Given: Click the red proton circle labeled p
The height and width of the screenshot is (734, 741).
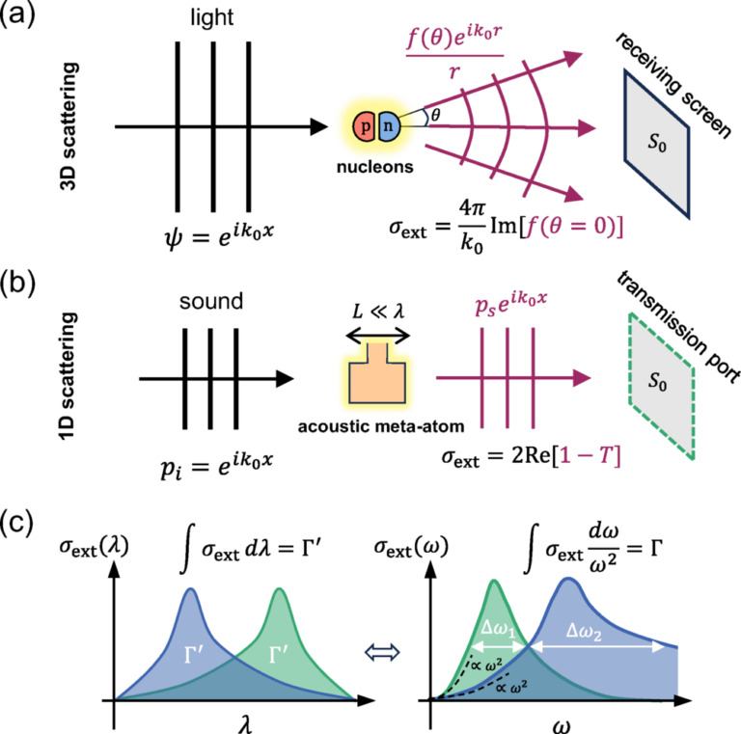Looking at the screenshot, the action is coord(365,126).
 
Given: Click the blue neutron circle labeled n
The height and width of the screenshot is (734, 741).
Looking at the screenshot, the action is coord(389,126).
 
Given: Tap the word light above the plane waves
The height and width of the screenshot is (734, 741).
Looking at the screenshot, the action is coord(211,18).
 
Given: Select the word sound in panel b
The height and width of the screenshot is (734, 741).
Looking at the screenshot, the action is coord(211,301).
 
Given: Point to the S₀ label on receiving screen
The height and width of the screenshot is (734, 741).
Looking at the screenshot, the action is coord(657,143).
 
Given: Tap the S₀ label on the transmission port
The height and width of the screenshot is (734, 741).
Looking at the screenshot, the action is coord(657,381).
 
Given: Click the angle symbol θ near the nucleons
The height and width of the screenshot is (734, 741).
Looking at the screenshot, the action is coord(436,115).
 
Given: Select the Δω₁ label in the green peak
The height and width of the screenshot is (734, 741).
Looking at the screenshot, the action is coord(498,629).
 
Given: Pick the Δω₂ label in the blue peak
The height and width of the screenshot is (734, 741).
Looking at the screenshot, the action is coord(584,632).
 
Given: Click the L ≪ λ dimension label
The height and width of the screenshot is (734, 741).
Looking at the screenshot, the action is coord(378,312).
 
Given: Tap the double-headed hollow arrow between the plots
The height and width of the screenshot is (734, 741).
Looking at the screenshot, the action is coord(382,653).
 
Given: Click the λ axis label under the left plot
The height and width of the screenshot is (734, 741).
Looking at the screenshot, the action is coord(245,724).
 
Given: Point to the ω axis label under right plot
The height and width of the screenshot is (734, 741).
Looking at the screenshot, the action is coord(561,725).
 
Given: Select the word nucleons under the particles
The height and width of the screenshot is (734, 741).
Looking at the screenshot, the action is coord(374,167).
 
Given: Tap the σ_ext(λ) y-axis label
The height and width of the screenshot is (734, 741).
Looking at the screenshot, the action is coord(94,548).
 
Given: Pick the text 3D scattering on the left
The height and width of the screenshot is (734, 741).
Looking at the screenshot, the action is coord(69,126).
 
